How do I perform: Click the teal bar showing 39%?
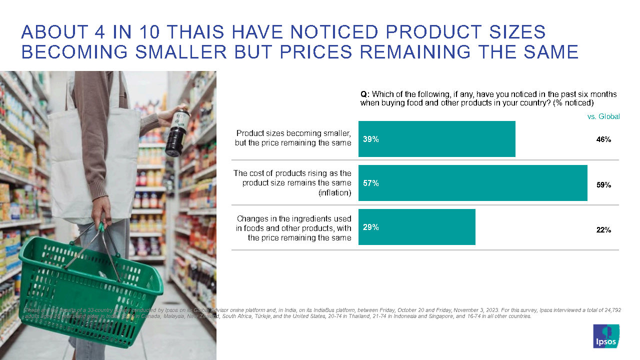[436, 139]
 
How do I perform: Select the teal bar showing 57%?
[472, 183]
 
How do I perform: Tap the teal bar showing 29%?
[416, 227]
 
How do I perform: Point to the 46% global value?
[603, 140]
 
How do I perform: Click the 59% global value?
[603, 185]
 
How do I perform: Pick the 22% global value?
[603, 230]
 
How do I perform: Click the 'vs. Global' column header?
[603, 116]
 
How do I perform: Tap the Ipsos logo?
[605, 336]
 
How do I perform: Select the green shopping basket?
[90, 290]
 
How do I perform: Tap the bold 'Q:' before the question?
[365, 94]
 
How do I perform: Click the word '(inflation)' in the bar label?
[334, 193]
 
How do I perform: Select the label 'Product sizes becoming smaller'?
[293, 133]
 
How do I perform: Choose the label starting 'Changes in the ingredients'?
[293, 218]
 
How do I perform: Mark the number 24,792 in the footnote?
[610, 310]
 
